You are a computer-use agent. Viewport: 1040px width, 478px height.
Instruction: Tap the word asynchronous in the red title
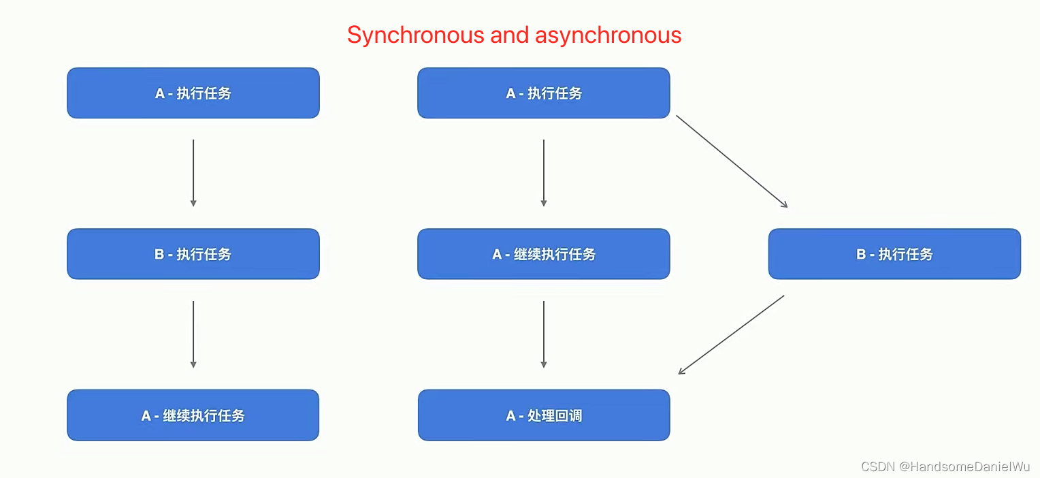coord(608,35)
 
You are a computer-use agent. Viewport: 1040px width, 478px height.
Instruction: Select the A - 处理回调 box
coord(544,415)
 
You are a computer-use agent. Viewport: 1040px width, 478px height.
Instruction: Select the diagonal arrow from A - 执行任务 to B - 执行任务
coord(732,161)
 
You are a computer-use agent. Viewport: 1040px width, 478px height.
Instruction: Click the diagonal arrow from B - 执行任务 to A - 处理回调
coord(732,334)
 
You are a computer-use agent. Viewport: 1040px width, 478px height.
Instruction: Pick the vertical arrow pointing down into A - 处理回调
coord(544,334)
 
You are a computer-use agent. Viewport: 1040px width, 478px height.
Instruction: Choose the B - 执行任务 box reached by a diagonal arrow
coord(894,254)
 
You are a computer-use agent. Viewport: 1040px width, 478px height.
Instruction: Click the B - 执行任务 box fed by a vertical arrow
coord(193,254)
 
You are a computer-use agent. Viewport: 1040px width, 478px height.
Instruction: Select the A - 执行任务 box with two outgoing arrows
coord(544,93)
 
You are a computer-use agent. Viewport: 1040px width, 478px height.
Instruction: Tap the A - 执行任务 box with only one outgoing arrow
coord(193,93)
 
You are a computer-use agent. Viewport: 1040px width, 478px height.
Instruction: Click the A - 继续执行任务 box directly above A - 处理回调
coord(544,254)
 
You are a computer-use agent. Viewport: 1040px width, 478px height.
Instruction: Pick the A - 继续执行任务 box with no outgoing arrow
coord(193,415)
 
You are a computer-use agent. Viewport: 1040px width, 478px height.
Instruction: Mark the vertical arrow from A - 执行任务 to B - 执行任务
coord(193,173)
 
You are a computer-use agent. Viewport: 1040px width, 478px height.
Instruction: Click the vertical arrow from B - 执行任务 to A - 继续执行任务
coord(193,334)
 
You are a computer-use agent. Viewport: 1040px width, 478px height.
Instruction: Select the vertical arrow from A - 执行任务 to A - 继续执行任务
coord(544,173)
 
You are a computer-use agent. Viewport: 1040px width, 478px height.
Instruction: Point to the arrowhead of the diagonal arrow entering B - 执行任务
coord(785,205)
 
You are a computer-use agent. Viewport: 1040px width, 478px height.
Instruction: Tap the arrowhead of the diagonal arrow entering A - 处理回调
coord(681,372)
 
